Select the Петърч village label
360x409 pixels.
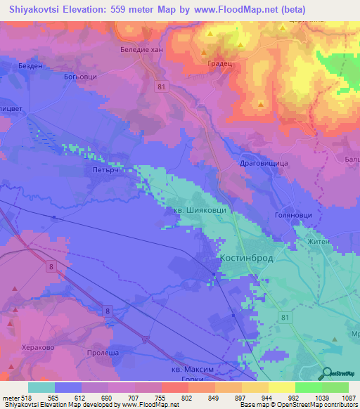pos(98,169)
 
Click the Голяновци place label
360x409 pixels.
pos(292,217)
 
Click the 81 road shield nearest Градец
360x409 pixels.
pos(162,86)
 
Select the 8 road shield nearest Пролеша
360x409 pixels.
pos(107,310)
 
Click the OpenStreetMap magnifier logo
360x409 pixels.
pos(328,375)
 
